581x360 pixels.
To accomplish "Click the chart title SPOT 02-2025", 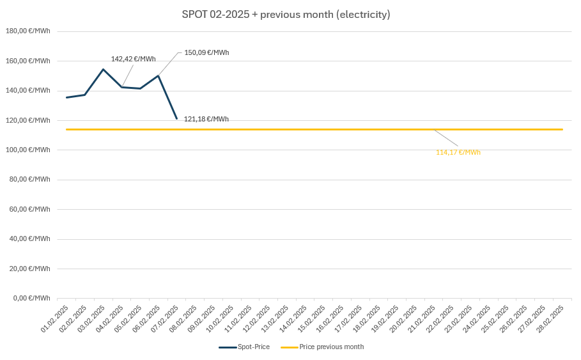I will (286, 14).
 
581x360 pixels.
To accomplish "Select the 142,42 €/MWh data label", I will (133, 59).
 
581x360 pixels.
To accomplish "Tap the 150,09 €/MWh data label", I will (206, 52).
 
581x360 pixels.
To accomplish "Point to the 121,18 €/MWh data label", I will (206, 119).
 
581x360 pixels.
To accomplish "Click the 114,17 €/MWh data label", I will (458, 152).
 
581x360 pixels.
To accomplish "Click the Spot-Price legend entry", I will (244, 347).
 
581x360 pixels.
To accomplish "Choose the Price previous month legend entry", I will (322, 347).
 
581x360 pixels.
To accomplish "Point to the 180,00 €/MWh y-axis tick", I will (27, 31).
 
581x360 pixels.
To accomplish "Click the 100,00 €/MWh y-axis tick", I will (27, 150).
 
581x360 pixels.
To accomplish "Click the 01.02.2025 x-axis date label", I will (55, 318).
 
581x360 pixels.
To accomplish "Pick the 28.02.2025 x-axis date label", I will (550, 318).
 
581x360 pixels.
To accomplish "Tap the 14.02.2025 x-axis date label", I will (293, 318).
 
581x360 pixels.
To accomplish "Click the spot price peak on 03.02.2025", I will (103, 69).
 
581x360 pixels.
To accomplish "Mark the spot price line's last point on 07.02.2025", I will (176, 118).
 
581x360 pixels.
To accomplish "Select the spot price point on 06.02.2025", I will (158, 75).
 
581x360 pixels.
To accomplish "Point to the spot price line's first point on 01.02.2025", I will (66, 97).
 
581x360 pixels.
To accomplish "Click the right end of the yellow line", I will (562, 129).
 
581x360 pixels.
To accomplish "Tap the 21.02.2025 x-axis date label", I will (422, 318).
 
